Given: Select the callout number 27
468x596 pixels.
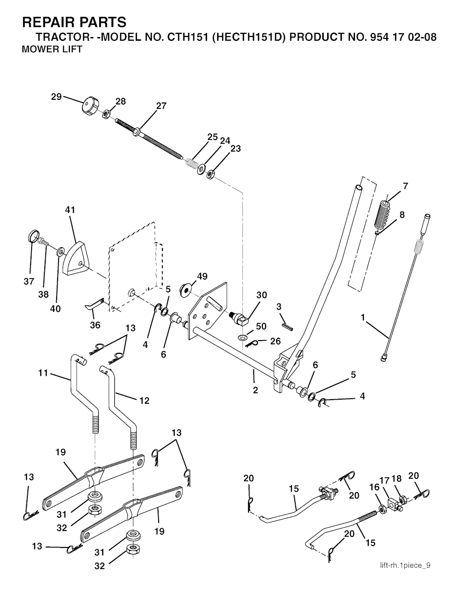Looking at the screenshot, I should (x=161, y=106).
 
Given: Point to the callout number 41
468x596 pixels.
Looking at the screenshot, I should (x=70, y=210).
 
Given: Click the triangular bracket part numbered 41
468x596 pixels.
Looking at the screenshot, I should (x=76, y=260).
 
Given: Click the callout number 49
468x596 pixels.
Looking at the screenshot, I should (x=202, y=276).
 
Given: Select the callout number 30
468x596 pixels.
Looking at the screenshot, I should (x=261, y=295).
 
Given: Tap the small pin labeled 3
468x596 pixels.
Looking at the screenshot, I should (x=287, y=323).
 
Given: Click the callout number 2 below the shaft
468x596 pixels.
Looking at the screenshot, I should (x=255, y=390).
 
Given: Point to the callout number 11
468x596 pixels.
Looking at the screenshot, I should (x=43, y=373).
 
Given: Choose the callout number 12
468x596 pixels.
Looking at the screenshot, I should (x=144, y=401).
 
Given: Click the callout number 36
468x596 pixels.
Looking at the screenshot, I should (x=95, y=325).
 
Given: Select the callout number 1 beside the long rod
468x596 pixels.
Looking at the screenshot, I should (x=363, y=317).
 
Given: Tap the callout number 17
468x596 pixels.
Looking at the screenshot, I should (x=384, y=480).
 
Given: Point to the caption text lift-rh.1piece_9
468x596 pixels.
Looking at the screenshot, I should (x=405, y=565).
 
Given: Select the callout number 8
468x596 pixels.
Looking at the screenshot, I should (x=402, y=214).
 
